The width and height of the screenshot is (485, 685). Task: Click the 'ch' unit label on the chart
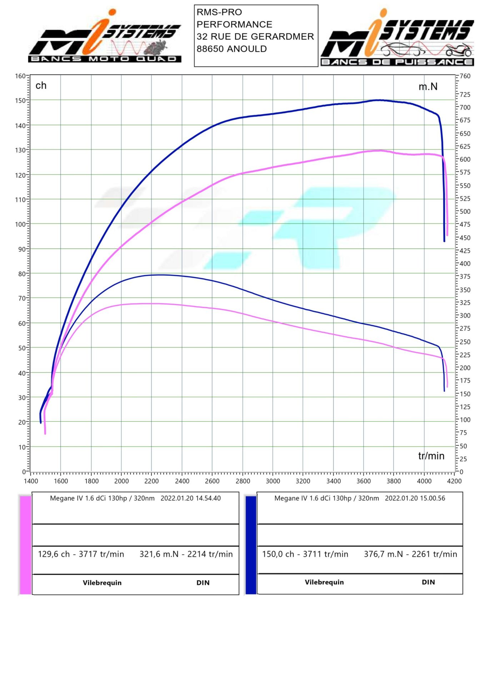pyautogui.click(x=41, y=86)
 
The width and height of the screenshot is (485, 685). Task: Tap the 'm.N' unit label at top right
pyautogui.click(x=428, y=87)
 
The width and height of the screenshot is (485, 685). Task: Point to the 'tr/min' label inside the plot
pyautogui.click(x=431, y=456)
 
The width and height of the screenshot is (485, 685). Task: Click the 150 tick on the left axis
pyautogui.click(x=20, y=101)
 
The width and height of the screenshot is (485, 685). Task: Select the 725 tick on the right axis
pyautogui.click(x=465, y=95)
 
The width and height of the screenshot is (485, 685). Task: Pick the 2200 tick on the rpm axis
pyautogui.click(x=151, y=481)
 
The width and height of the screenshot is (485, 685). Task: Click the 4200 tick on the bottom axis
pyautogui.click(x=454, y=481)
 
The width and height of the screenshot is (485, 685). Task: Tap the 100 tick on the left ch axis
pyautogui.click(x=20, y=224)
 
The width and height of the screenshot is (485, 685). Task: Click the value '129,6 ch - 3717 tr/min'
pyautogui.click(x=81, y=554)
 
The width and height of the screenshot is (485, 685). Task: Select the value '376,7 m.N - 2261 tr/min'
pyautogui.click(x=410, y=554)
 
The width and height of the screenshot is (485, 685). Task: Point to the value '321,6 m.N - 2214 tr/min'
pyautogui.click(x=186, y=554)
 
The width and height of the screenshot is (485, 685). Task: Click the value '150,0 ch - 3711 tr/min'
pyautogui.click(x=305, y=554)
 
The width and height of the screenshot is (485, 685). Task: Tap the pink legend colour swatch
pyautogui.click(x=25, y=545)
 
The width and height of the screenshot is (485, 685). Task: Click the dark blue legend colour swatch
pyautogui.click(x=251, y=545)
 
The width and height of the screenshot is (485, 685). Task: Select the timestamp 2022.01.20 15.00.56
pyautogui.click(x=415, y=498)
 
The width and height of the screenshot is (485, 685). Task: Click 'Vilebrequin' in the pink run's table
pyautogui.click(x=102, y=583)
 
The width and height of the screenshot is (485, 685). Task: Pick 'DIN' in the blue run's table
pyautogui.click(x=428, y=582)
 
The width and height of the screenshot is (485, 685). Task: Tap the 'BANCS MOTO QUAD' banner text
pyautogui.click(x=104, y=59)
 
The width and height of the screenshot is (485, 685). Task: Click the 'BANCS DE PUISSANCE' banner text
pyautogui.click(x=397, y=62)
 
